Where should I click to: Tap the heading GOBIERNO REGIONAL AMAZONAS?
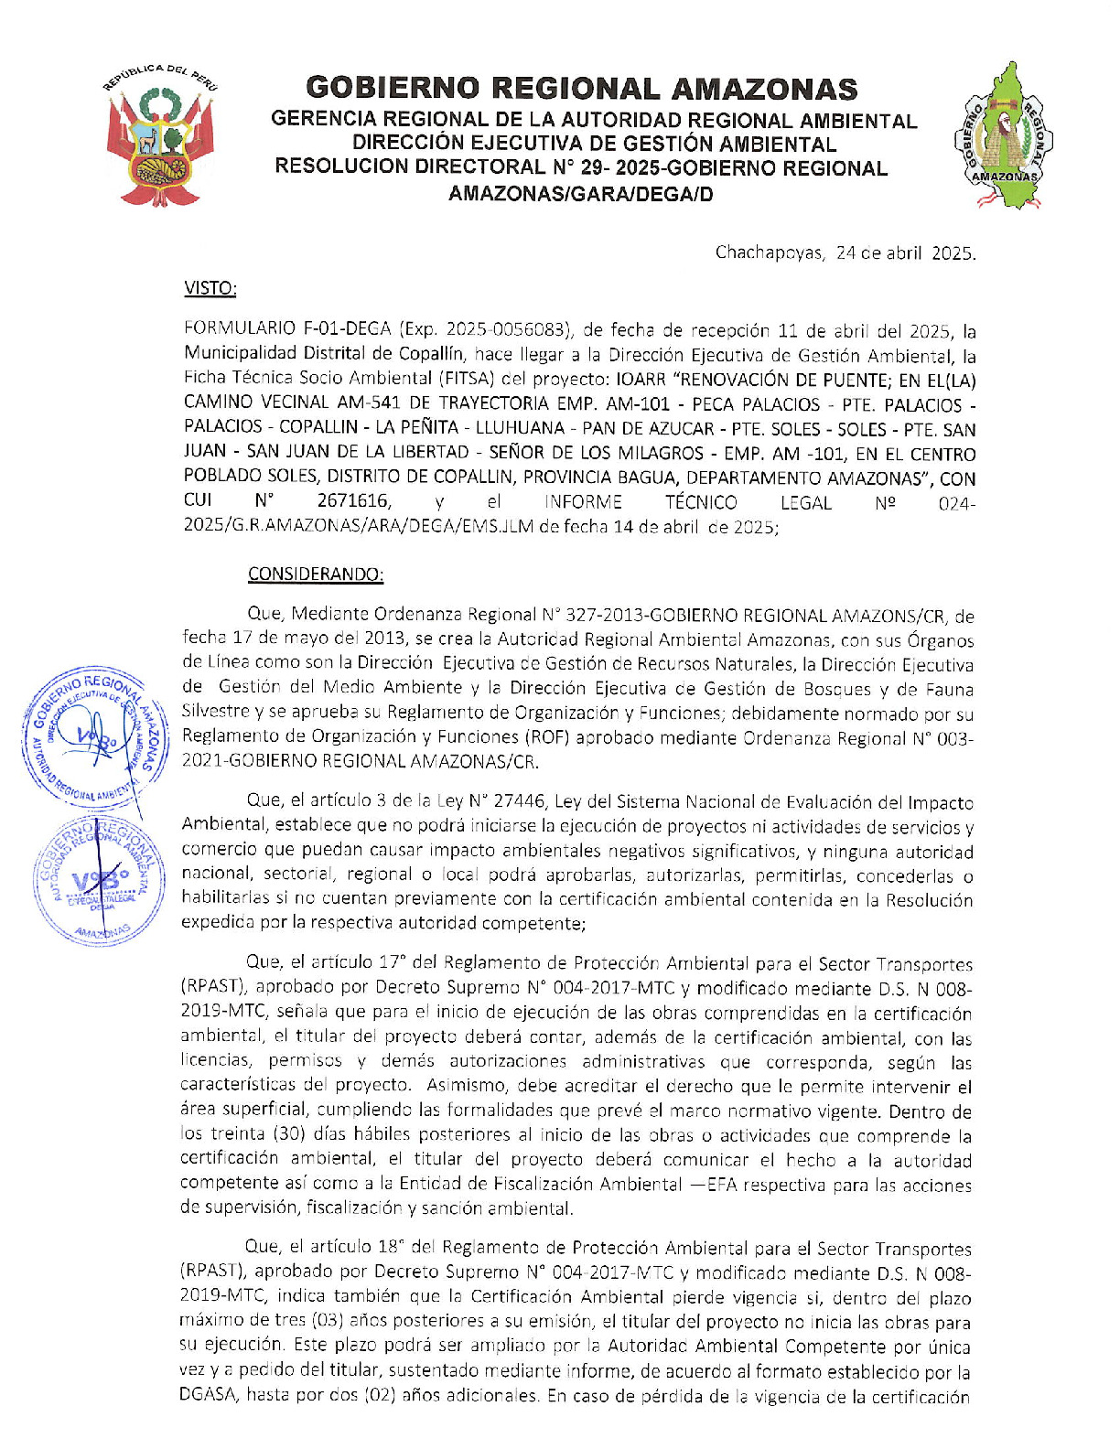[x=581, y=89]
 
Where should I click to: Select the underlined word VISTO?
[x=210, y=288]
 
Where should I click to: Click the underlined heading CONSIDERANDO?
[x=316, y=574]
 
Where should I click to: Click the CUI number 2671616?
[x=354, y=501]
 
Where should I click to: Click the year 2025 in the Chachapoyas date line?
[x=953, y=252]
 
